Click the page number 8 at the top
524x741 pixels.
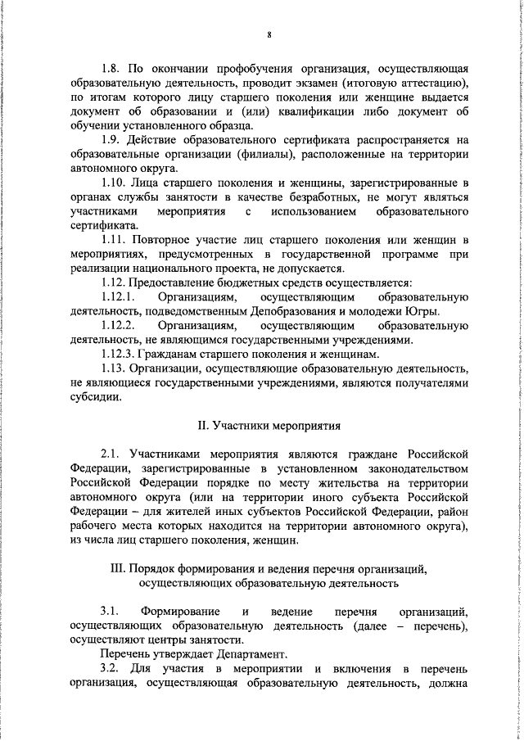[269, 34]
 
